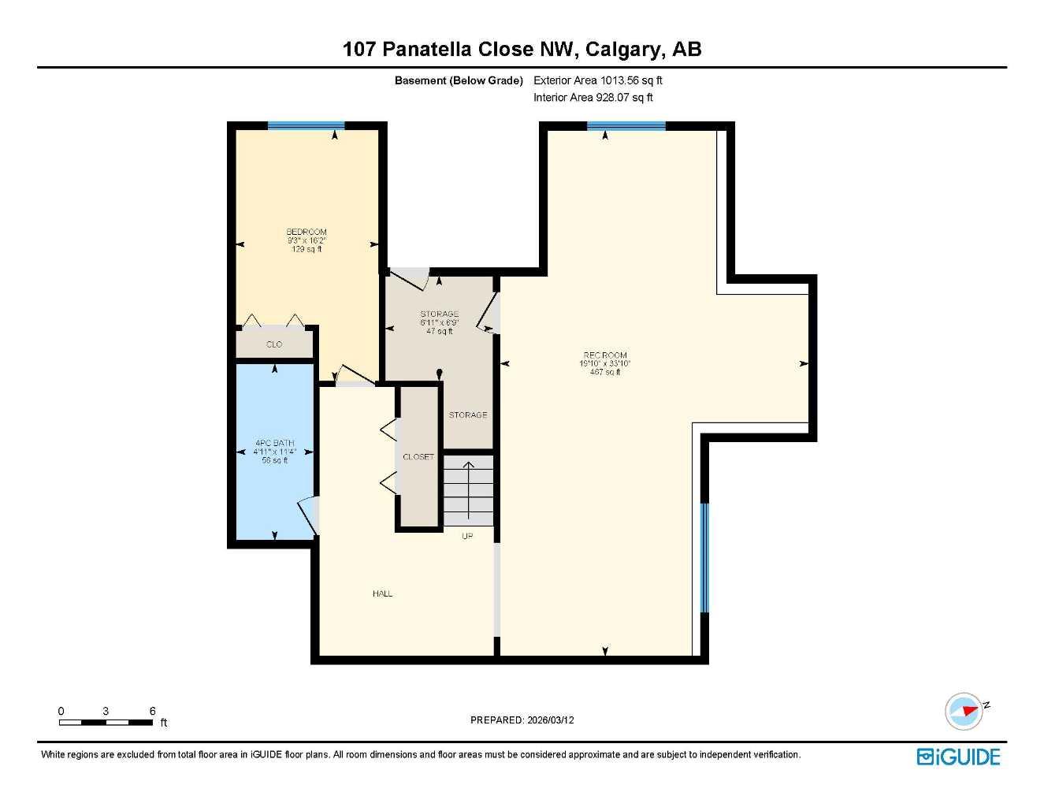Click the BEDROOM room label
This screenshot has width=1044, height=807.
(x=306, y=232)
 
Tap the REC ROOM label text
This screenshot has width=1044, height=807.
(x=605, y=355)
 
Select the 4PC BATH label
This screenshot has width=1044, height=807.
(x=274, y=443)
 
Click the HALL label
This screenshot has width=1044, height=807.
(x=382, y=593)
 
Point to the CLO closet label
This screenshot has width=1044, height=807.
(x=274, y=344)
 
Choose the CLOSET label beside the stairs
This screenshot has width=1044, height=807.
(x=418, y=457)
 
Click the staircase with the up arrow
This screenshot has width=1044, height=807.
(x=468, y=490)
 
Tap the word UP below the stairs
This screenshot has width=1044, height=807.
(x=467, y=536)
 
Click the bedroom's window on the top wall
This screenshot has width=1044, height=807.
(x=306, y=126)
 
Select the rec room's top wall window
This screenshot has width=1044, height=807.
(x=626, y=126)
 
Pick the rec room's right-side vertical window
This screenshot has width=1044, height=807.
(x=704, y=557)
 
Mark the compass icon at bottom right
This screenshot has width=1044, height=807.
(x=964, y=711)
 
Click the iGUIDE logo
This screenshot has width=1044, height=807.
(x=959, y=757)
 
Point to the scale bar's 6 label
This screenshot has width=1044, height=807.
(x=152, y=711)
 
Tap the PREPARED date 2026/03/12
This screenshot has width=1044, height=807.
(x=550, y=720)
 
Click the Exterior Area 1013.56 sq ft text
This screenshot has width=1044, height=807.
(x=598, y=80)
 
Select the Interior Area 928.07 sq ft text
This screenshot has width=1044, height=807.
(x=593, y=98)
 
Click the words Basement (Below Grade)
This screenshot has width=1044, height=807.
(x=459, y=80)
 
